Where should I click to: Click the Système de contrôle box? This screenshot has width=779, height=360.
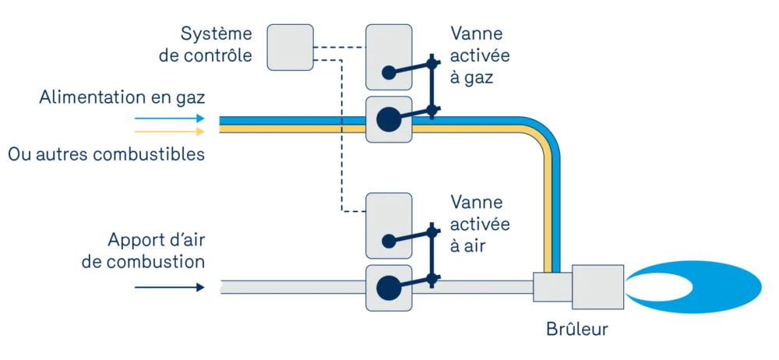290,48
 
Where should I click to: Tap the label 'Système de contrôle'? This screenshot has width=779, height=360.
206,44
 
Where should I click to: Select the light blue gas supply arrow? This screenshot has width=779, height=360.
170,118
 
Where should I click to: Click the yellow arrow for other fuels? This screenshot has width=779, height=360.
170,132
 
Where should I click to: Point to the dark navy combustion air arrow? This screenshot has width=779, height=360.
170,288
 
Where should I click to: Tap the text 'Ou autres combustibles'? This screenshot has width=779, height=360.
106,154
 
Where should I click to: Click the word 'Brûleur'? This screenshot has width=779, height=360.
576,329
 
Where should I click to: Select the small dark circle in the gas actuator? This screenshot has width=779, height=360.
388,73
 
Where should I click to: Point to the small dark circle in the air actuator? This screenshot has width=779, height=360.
388,242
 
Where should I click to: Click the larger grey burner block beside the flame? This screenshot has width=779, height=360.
597,287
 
